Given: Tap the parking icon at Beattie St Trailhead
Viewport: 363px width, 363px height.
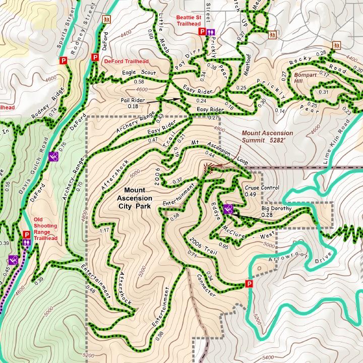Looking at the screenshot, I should [x=202, y=32].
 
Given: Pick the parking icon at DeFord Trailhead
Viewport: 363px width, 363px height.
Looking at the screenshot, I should [x=94, y=57].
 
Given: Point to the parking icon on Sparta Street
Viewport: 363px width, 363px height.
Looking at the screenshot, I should [x=64, y=61].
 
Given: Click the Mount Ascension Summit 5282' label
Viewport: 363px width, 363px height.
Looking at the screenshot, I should [x=267, y=137].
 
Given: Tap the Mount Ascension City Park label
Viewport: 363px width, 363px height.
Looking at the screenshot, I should [x=135, y=198].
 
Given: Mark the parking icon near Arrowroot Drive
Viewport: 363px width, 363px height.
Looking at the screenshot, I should [x=249, y=284].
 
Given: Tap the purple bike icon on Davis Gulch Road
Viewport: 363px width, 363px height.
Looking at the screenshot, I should [x=53, y=156].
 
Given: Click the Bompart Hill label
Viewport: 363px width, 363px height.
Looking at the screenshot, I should [x=306, y=78].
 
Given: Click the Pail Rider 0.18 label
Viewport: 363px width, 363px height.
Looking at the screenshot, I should [x=133, y=103].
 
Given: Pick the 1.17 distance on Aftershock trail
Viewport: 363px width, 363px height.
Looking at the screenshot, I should [x=104, y=230].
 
